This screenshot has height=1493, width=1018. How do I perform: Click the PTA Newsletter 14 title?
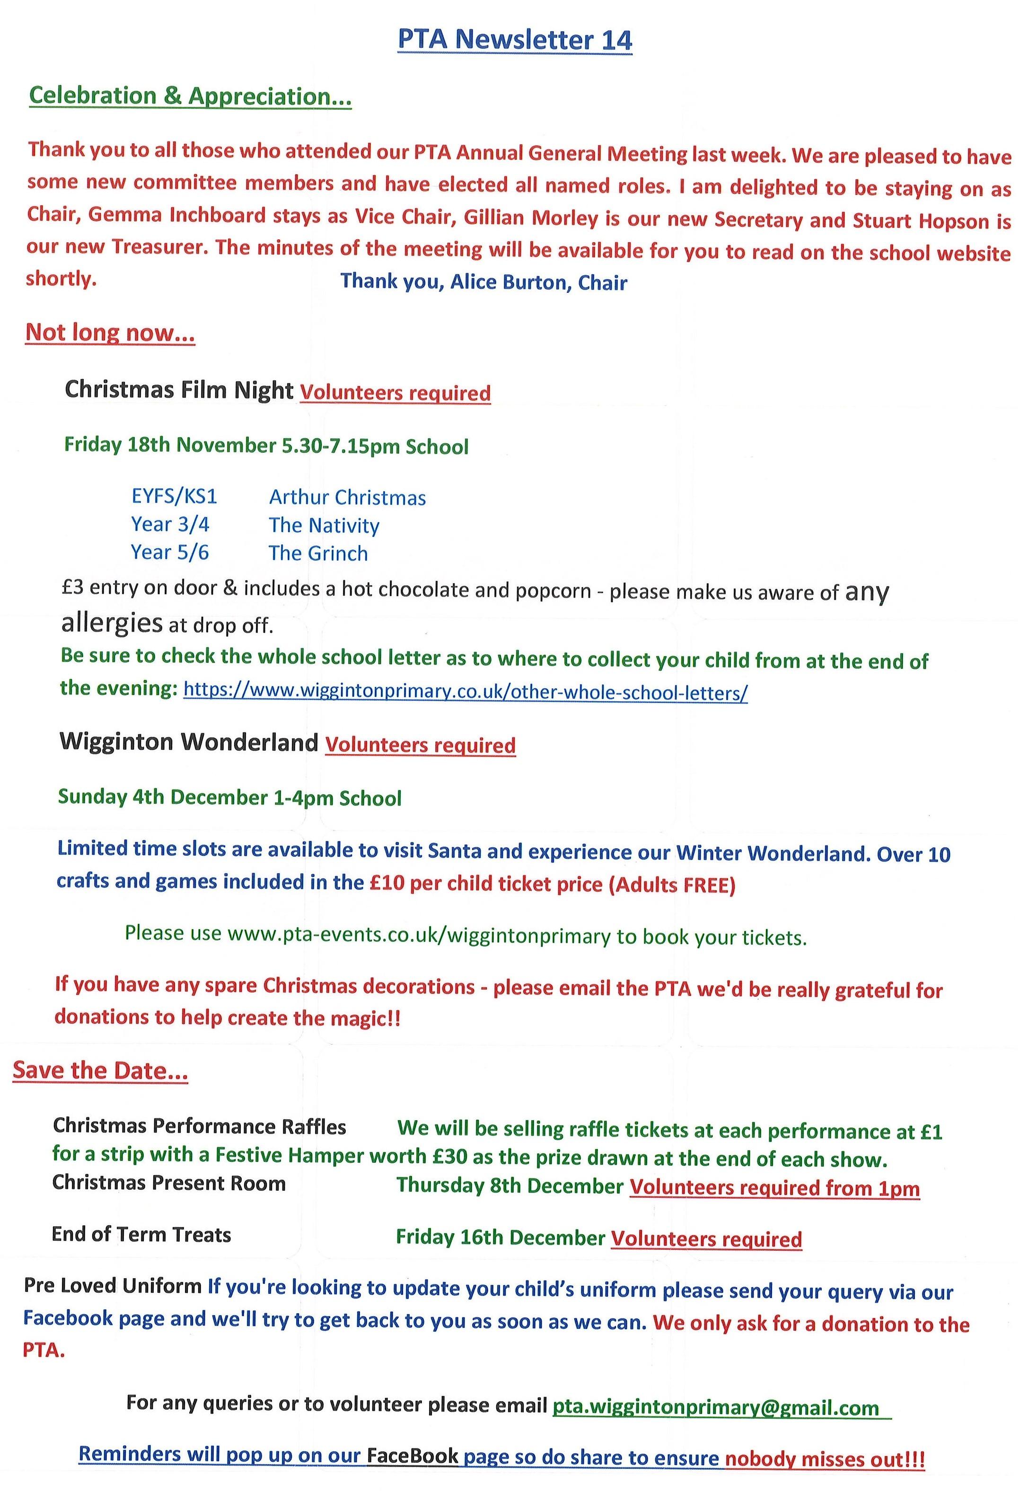click(x=515, y=40)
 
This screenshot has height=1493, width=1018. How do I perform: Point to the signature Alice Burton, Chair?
click(x=483, y=282)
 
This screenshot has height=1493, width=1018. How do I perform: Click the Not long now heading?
click(x=110, y=333)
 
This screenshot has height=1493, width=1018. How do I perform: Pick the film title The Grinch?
click(x=318, y=553)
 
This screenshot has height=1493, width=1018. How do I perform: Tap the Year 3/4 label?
click(x=170, y=524)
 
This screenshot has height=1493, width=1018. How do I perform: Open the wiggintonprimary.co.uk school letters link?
click(x=465, y=692)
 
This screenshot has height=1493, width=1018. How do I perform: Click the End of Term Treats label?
click(x=141, y=1234)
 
